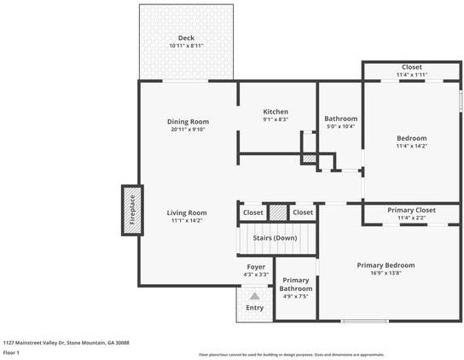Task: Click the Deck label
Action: pyautogui.click(x=186, y=38)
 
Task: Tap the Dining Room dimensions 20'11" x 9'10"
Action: pyautogui.click(x=188, y=131)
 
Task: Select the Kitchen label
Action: pyautogui.click(x=275, y=112)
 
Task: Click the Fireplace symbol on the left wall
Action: pyautogui.click(x=131, y=210)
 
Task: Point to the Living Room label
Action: pyautogui.click(x=186, y=212)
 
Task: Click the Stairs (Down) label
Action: pyautogui.click(x=275, y=237)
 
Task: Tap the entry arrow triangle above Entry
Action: pyautogui.click(x=254, y=295)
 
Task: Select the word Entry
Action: pyautogui.click(x=254, y=308)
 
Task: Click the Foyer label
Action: pyautogui.click(x=255, y=267)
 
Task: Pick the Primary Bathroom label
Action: pyautogui.click(x=295, y=284)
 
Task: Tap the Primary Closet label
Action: pyautogui.click(x=411, y=210)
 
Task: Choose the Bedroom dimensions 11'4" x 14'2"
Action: pyautogui.click(x=411, y=146)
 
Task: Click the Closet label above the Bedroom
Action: pyautogui.click(x=411, y=67)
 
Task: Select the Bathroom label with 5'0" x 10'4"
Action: pyautogui.click(x=340, y=119)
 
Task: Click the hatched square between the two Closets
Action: pyautogui.click(x=278, y=212)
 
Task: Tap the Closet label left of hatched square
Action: pyautogui.click(x=253, y=212)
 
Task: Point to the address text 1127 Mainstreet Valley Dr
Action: pyautogui.click(x=66, y=341)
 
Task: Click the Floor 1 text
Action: pyautogui.click(x=12, y=351)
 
